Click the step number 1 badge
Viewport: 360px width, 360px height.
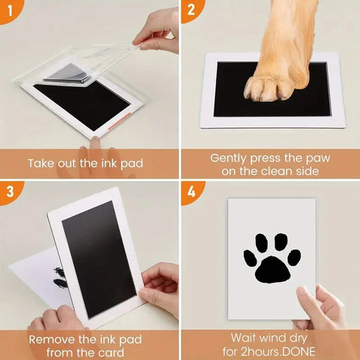[x=10, y=10]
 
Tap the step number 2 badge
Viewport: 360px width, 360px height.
[x=191, y=10]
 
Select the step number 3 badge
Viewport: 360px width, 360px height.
[x=10, y=192]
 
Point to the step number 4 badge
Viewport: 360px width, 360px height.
[x=191, y=192]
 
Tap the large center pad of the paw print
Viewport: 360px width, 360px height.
[x=272, y=270]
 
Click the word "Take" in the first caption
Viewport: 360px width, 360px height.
[x=41, y=163]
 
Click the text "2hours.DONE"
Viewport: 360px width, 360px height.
[x=277, y=352]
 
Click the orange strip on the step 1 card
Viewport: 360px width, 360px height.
[x=120, y=121]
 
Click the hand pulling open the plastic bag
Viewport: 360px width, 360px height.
[x=157, y=32]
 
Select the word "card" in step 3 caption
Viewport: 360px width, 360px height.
[x=110, y=352]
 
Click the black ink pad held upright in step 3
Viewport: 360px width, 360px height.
[x=99, y=259]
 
